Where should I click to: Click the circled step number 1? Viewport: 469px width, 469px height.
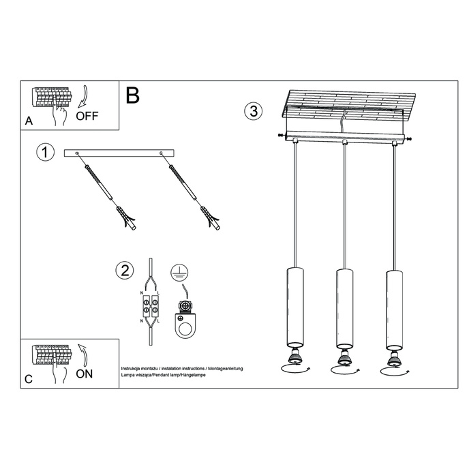click(x=44, y=153)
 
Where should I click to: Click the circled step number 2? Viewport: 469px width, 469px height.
click(x=123, y=271)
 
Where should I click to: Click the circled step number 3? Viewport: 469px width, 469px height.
click(x=253, y=112)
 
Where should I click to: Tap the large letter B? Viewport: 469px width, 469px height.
click(x=132, y=95)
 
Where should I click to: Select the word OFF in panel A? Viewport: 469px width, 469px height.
click(x=87, y=115)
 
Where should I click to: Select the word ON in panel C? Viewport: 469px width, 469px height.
click(x=85, y=373)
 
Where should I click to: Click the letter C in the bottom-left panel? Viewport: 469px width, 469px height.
click(x=28, y=379)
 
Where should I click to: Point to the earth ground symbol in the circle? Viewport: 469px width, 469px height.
click(x=178, y=271)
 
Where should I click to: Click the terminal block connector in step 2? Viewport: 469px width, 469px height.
click(x=150, y=304)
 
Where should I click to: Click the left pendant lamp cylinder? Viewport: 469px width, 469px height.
click(x=293, y=307)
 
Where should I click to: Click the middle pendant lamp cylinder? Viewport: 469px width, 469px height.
click(x=344, y=307)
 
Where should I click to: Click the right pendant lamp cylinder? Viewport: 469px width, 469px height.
click(x=393, y=307)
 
